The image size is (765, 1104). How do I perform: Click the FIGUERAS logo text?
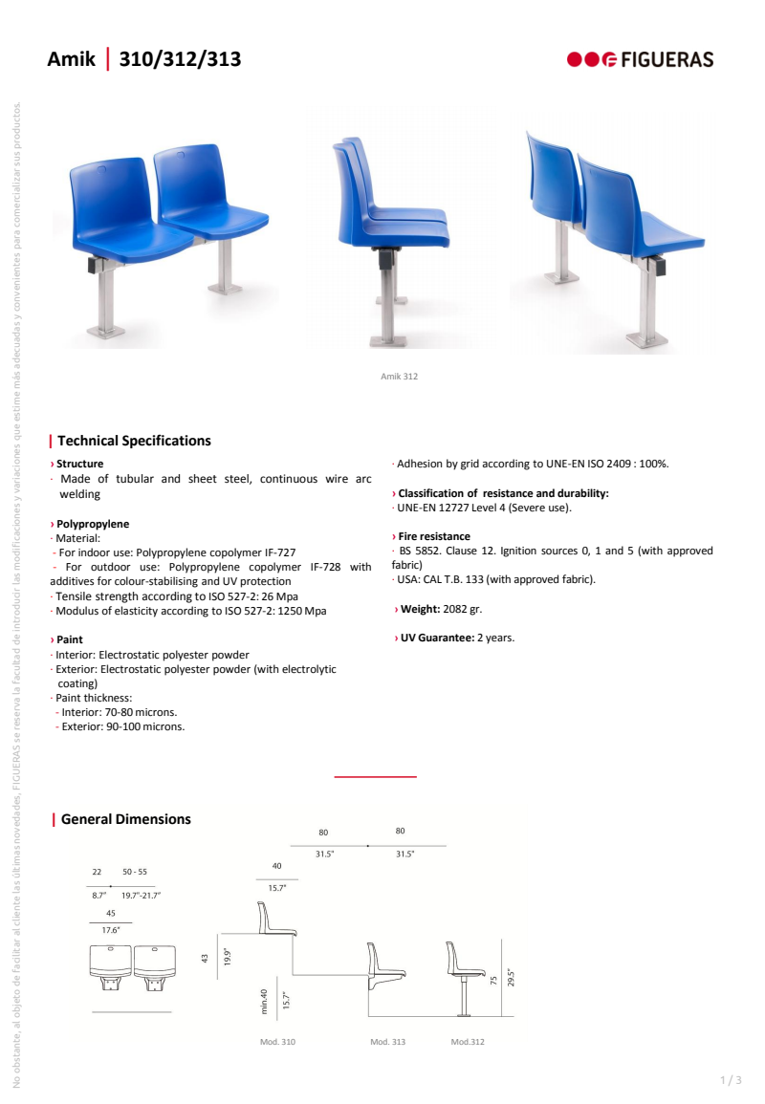pos(667,59)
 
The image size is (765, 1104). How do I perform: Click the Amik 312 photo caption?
pos(400,377)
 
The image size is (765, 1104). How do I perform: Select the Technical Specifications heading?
pos(134,441)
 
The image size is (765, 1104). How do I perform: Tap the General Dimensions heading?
pos(125,819)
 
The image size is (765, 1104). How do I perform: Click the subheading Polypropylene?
pos(92,524)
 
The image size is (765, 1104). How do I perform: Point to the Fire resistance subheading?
pos(433,536)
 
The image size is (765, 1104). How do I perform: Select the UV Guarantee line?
pos(455,638)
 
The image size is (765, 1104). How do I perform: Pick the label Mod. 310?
pos(278,1042)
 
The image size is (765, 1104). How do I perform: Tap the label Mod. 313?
pos(387,1042)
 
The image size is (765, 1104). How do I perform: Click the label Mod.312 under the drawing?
pos(468,1042)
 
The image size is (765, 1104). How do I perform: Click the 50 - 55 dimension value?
pos(135,872)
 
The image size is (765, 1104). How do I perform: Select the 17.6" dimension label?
pos(111,929)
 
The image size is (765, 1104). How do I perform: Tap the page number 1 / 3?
pos(730,1080)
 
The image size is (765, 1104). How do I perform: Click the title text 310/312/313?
pos(180,60)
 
